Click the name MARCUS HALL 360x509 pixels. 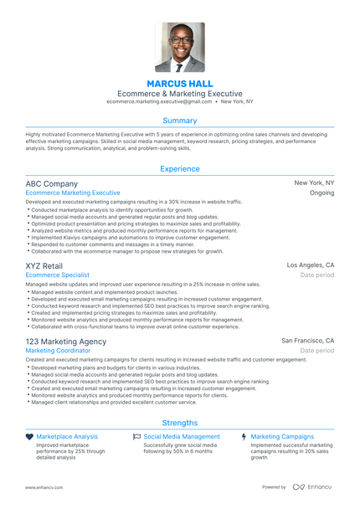tap(180, 84)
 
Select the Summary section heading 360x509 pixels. tap(180, 121)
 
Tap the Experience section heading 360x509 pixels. tap(180, 168)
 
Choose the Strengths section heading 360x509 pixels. tap(180, 423)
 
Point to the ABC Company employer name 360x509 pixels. tap(52, 183)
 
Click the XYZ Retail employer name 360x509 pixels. tap(44, 265)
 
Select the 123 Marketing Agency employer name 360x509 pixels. tap(66, 342)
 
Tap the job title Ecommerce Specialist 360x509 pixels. tap(58, 275)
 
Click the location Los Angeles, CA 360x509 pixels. tap(311, 265)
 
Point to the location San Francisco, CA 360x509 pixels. tap(307, 342)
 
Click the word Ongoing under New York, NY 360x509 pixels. tap(321, 193)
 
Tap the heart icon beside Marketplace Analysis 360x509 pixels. tap(30, 437)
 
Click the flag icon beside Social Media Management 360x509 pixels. tap(136, 437)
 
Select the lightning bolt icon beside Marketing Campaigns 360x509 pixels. tap(244, 437)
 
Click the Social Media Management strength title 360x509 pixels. tap(182, 437)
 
